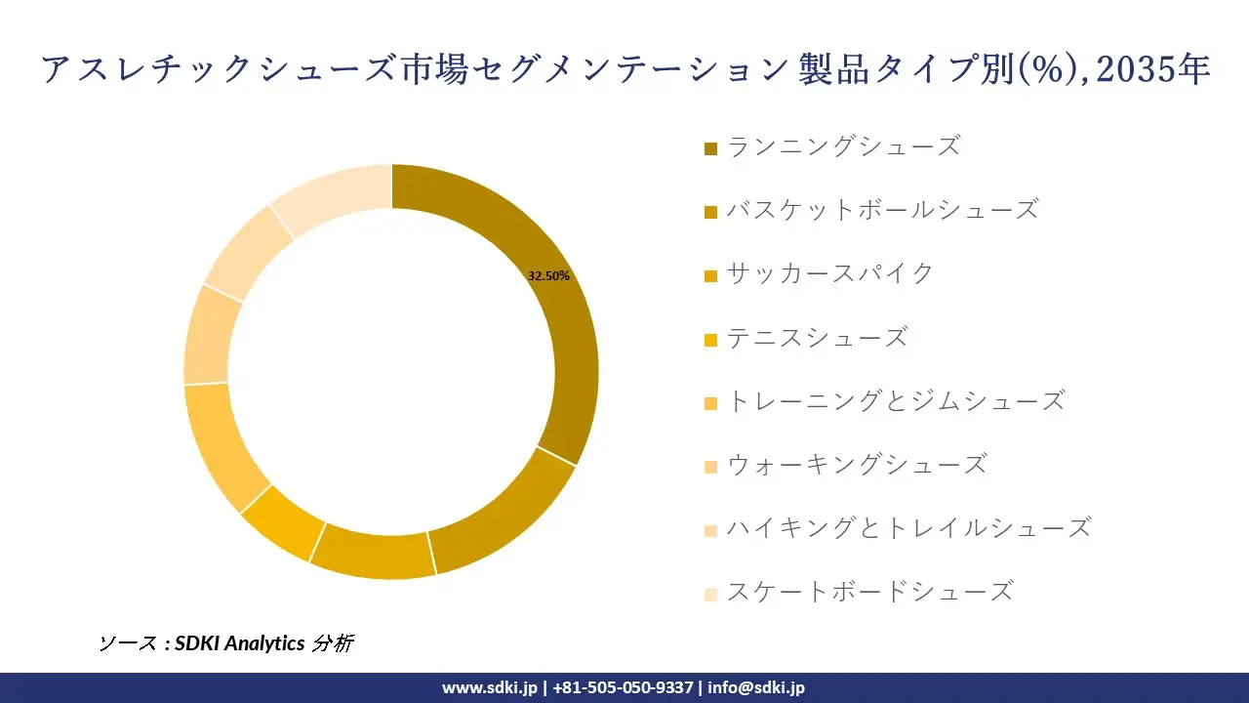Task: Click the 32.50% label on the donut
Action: click(548, 276)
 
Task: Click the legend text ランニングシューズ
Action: click(844, 147)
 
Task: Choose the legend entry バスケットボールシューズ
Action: click(882, 210)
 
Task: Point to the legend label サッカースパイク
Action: click(830, 273)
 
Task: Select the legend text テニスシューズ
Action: click(818, 338)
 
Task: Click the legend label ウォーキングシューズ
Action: click(857, 465)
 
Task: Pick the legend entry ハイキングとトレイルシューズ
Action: click(908, 528)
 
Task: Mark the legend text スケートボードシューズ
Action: click(869, 592)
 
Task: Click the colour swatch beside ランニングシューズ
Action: click(710, 148)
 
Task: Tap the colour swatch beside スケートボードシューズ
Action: click(710, 593)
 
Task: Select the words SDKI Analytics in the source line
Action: click(239, 642)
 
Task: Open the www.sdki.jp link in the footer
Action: click(489, 687)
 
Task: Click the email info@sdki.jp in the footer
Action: click(756, 687)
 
